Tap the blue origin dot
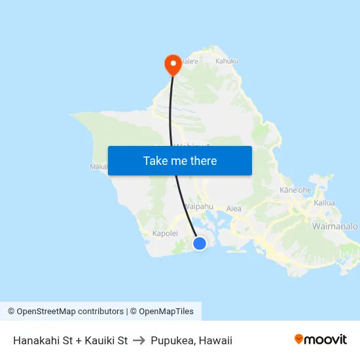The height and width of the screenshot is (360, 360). pos(200,243)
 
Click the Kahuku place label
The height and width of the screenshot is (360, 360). pos(226,61)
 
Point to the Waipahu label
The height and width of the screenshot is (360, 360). pos(199,206)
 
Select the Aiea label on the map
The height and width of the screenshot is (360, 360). pos(234,209)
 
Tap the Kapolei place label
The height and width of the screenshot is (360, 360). pos(165,233)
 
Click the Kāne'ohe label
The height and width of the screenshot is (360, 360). pos(295,190)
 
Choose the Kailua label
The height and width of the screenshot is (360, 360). pos(324,203)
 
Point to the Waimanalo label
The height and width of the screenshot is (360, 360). pos(336,226)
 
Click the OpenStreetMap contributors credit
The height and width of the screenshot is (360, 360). pos(70,312)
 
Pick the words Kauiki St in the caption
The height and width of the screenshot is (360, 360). pos(104,340)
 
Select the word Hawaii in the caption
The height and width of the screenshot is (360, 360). pos(215,340)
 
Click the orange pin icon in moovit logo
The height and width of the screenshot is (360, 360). pos(299,339)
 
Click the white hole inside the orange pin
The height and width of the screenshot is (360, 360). pos(173,63)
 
